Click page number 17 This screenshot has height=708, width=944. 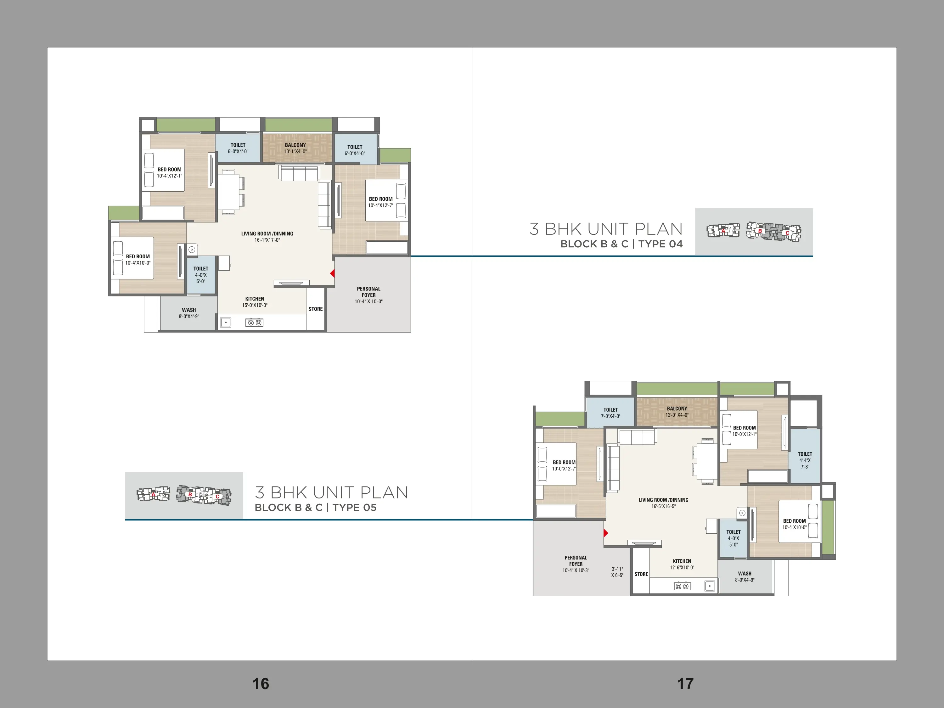[685, 684]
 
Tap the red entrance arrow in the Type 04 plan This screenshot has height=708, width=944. [333, 273]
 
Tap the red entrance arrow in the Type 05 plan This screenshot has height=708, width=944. [606, 533]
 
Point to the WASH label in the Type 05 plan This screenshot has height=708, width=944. [745, 574]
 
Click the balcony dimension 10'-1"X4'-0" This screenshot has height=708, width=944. [295, 151]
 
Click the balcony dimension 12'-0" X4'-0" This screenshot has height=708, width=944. [677, 415]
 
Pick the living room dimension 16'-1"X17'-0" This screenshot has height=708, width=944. [267, 240]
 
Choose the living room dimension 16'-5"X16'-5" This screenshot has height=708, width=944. [664, 506]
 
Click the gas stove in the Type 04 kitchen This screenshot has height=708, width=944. [254, 323]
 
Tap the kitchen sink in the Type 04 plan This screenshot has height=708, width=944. [225, 323]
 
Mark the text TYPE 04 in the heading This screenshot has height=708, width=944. [660, 244]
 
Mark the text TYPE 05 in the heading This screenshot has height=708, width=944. [355, 508]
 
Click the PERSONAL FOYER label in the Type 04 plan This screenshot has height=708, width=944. [369, 292]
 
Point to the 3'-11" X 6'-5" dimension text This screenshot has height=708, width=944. [617, 572]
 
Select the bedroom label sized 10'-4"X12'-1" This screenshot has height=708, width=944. [169, 172]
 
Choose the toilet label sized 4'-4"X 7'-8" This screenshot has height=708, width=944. [805, 460]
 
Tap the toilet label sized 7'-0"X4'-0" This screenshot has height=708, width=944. [611, 413]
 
